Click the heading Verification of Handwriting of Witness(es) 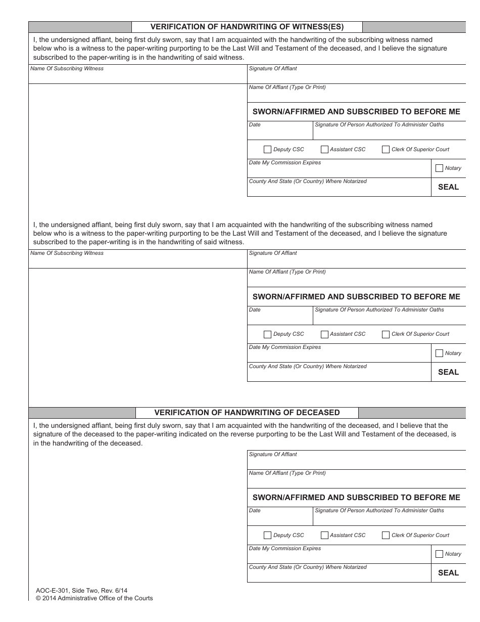pos(247,27)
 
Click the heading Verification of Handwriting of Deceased pos(247,413)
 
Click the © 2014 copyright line pos(94,598)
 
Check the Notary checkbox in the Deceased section pos(439,554)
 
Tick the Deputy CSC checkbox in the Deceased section pos(267,535)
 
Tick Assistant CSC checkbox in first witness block pos(324,149)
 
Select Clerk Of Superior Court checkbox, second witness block pos(386,334)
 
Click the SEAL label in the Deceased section pos(448,573)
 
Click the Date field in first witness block pos(280,132)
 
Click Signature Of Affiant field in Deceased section pos(356,462)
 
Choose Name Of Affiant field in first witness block pos(356,95)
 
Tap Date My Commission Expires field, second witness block pos(339,356)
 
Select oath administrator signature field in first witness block pos(389,133)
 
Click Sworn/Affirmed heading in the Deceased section pos(356,498)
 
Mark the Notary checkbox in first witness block pos(439,168)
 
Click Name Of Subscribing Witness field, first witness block pos(137,75)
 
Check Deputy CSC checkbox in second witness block pos(267,334)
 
